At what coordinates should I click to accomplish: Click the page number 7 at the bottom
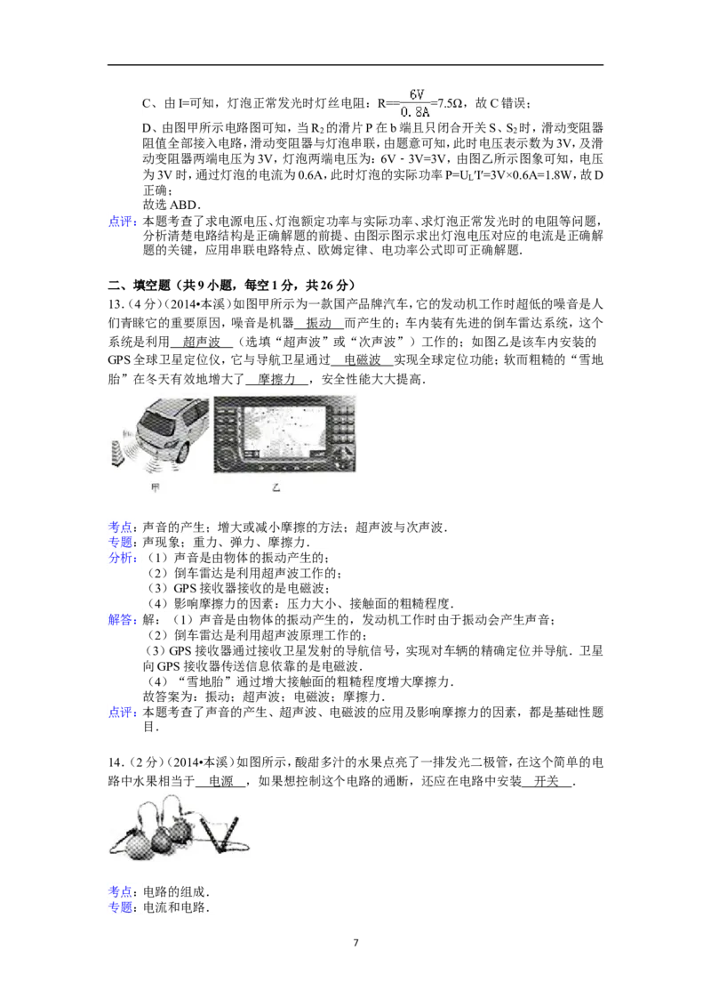point(355,943)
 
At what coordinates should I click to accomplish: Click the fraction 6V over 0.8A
point(416,103)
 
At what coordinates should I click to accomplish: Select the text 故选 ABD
point(172,205)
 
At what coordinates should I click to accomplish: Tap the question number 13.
point(116,304)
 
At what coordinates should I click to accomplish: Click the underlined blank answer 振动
point(319,323)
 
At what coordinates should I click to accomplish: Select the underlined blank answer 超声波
point(202,342)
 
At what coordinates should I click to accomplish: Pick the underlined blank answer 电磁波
point(363,360)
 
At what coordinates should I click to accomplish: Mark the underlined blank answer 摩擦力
point(276,380)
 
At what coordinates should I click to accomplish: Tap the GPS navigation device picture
point(284,435)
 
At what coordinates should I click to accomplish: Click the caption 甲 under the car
point(155,487)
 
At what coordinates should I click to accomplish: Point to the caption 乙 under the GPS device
point(276,487)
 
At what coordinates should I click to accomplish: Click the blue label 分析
point(121,558)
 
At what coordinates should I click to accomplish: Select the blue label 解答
point(121,620)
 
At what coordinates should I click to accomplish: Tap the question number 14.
point(116,763)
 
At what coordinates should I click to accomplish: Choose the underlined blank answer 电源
point(220,782)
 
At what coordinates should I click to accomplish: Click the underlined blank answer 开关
point(547,782)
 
